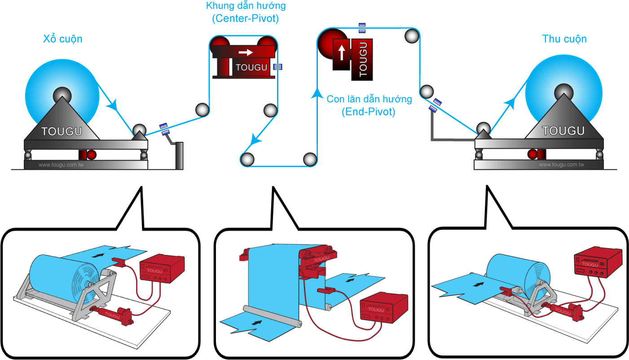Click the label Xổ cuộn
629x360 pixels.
63,39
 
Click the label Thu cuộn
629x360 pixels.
564,39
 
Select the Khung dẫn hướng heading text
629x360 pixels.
246,7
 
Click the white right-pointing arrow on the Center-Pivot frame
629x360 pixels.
246,52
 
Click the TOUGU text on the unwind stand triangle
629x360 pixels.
62,132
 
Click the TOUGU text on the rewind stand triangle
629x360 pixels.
563,131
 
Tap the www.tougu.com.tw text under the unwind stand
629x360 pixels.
61,165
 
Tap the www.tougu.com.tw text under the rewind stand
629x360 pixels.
561,165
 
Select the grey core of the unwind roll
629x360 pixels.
62,95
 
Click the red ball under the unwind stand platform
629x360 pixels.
91,155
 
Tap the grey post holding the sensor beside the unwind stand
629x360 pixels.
179,155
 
